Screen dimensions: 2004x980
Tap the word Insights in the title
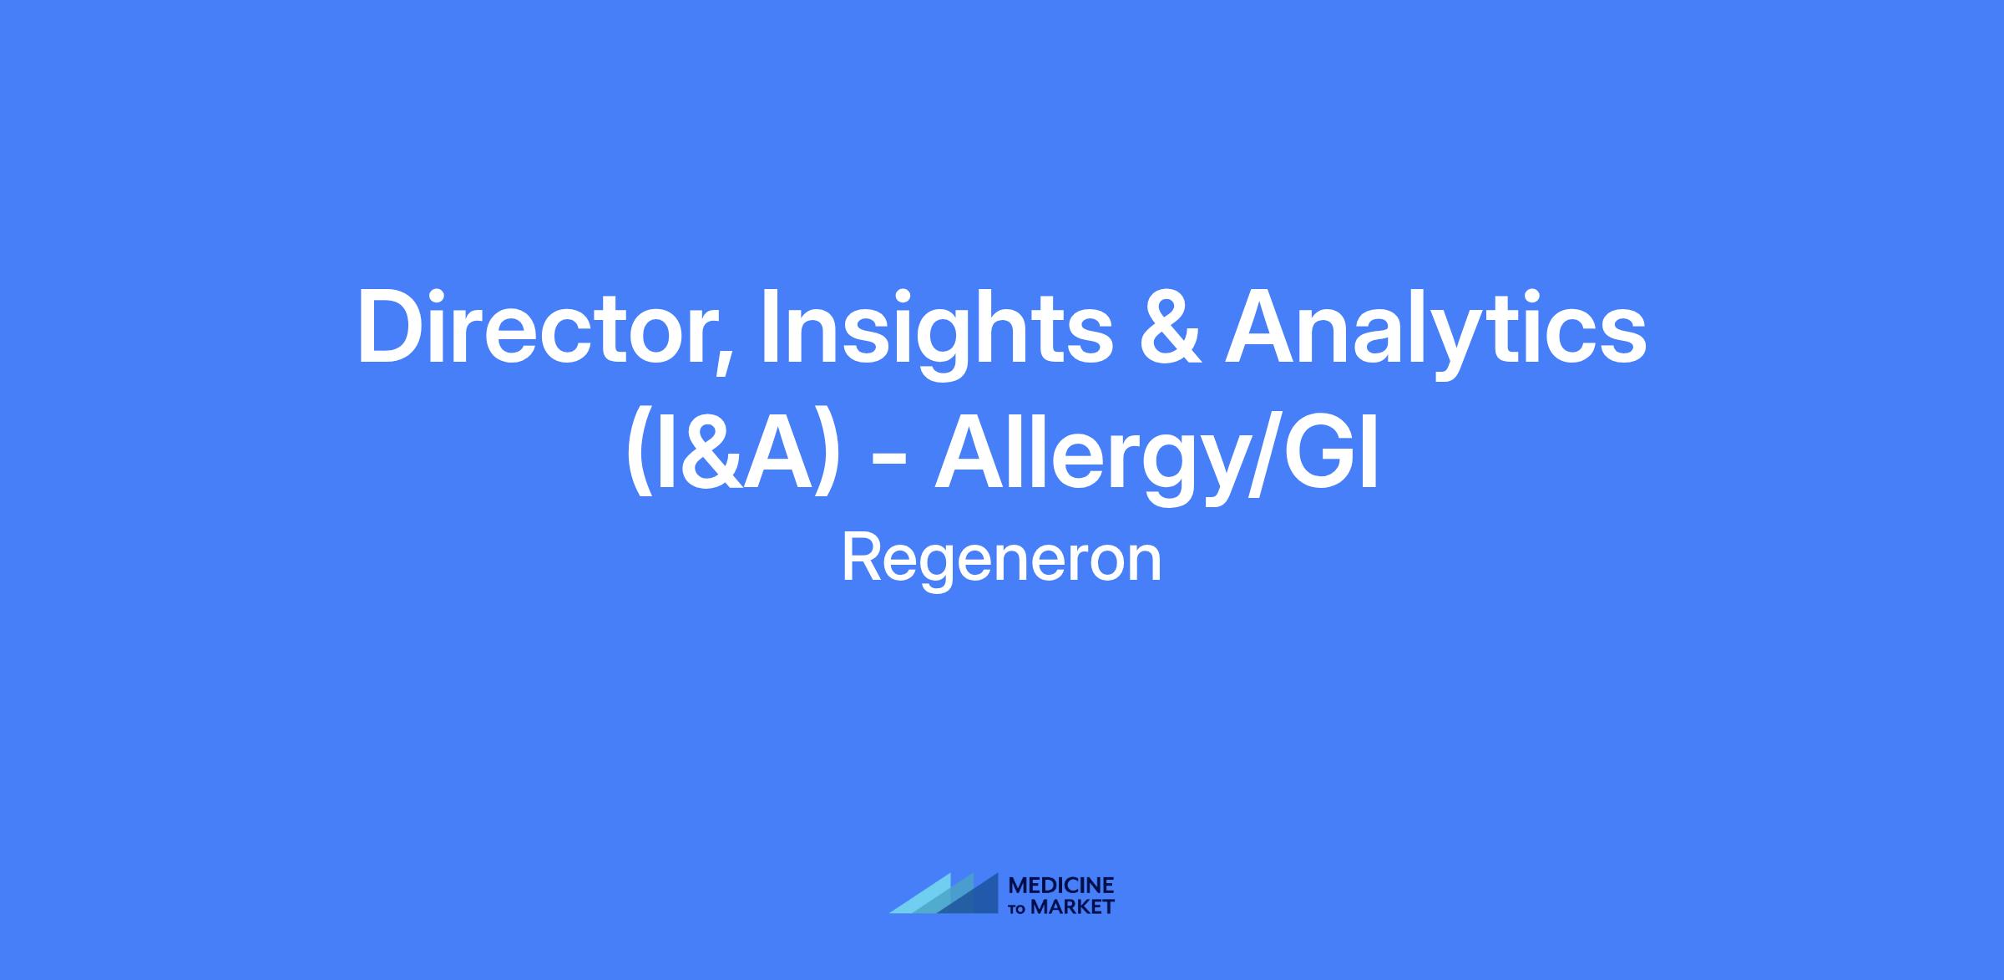[935, 334]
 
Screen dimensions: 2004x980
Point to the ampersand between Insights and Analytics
[1169, 328]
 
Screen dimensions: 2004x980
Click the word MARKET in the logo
[1073, 906]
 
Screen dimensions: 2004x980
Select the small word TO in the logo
[1020, 909]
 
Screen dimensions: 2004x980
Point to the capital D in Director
[391, 327]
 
